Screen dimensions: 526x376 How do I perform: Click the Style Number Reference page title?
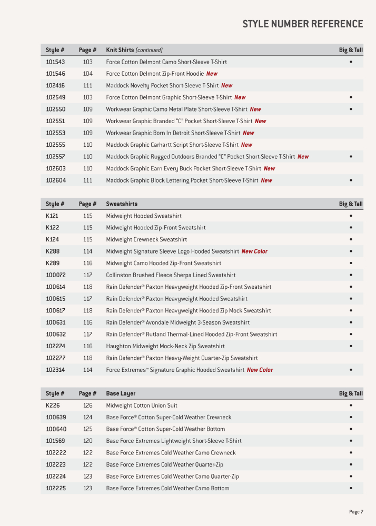point(302,24)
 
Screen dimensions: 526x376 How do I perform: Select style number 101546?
point(55,74)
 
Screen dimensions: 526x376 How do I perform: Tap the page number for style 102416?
point(87,85)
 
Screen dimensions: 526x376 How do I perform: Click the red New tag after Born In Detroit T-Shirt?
point(249,133)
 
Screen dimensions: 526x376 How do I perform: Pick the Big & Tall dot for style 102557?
point(351,157)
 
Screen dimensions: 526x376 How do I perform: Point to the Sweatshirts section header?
point(122,204)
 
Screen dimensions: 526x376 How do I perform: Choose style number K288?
point(52,251)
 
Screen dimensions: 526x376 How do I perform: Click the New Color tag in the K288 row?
point(254,251)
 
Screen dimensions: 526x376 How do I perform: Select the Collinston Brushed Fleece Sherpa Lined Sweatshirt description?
point(171,275)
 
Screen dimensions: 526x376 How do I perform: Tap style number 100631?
point(55,322)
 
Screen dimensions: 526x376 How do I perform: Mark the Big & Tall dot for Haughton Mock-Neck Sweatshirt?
point(351,346)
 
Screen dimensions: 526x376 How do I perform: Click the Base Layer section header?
point(121,393)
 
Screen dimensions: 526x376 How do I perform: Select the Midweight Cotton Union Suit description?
point(142,406)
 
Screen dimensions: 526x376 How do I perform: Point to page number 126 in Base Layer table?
point(87,406)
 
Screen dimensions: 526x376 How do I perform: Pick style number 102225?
point(55,488)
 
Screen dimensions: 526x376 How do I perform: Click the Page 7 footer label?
point(355,512)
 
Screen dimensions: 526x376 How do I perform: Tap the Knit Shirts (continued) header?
point(134,50)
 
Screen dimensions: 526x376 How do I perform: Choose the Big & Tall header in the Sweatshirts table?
point(351,204)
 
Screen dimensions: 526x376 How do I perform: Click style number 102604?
point(55,180)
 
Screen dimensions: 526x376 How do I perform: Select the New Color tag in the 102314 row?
point(260,370)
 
